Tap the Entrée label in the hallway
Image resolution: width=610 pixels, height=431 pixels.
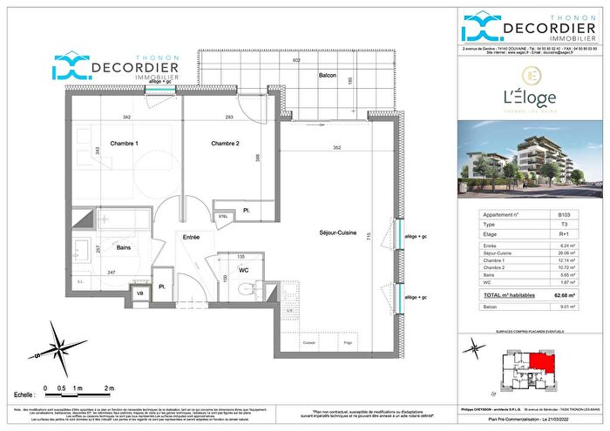click(x=193, y=236)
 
